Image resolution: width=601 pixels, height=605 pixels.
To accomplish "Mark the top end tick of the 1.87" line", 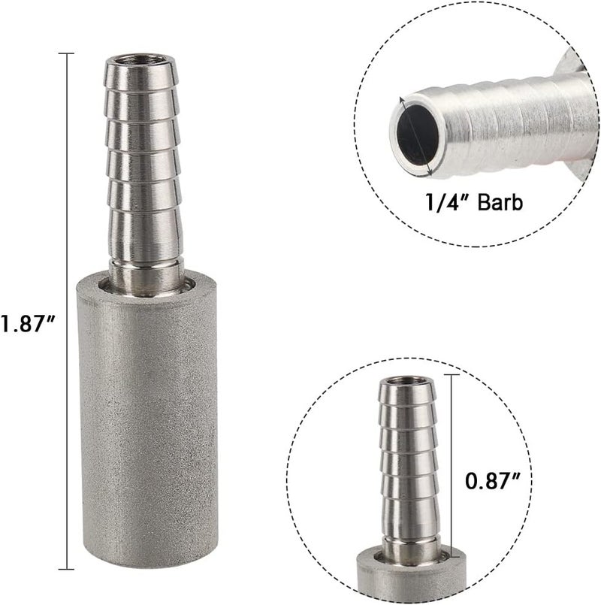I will coord(67,53).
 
